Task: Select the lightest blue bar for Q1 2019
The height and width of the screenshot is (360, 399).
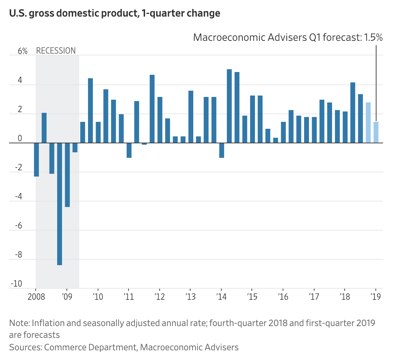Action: [x=376, y=132]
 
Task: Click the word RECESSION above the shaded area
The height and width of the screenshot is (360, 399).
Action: [x=56, y=51]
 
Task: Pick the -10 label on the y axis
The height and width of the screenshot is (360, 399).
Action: [x=16, y=284]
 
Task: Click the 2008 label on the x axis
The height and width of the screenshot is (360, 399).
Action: [x=36, y=297]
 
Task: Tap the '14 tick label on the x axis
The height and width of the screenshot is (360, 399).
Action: [x=221, y=297]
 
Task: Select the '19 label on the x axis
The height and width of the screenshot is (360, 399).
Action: [x=375, y=297]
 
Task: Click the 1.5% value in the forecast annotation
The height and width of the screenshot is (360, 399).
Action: [x=373, y=37]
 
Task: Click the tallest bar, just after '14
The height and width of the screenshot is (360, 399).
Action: [x=229, y=106]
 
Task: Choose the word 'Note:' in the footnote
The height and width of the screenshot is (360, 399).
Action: [x=20, y=323]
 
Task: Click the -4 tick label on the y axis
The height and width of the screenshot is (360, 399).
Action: [x=18, y=197]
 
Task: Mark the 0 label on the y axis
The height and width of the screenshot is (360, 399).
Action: [x=20, y=139]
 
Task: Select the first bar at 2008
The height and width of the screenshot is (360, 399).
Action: [x=36, y=160]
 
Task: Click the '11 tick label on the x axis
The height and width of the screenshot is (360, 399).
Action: [x=128, y=297]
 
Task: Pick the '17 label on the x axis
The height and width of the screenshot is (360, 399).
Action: [x=314, y=297]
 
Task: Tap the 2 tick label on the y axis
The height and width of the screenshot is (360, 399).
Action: [x=20, y=110]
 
